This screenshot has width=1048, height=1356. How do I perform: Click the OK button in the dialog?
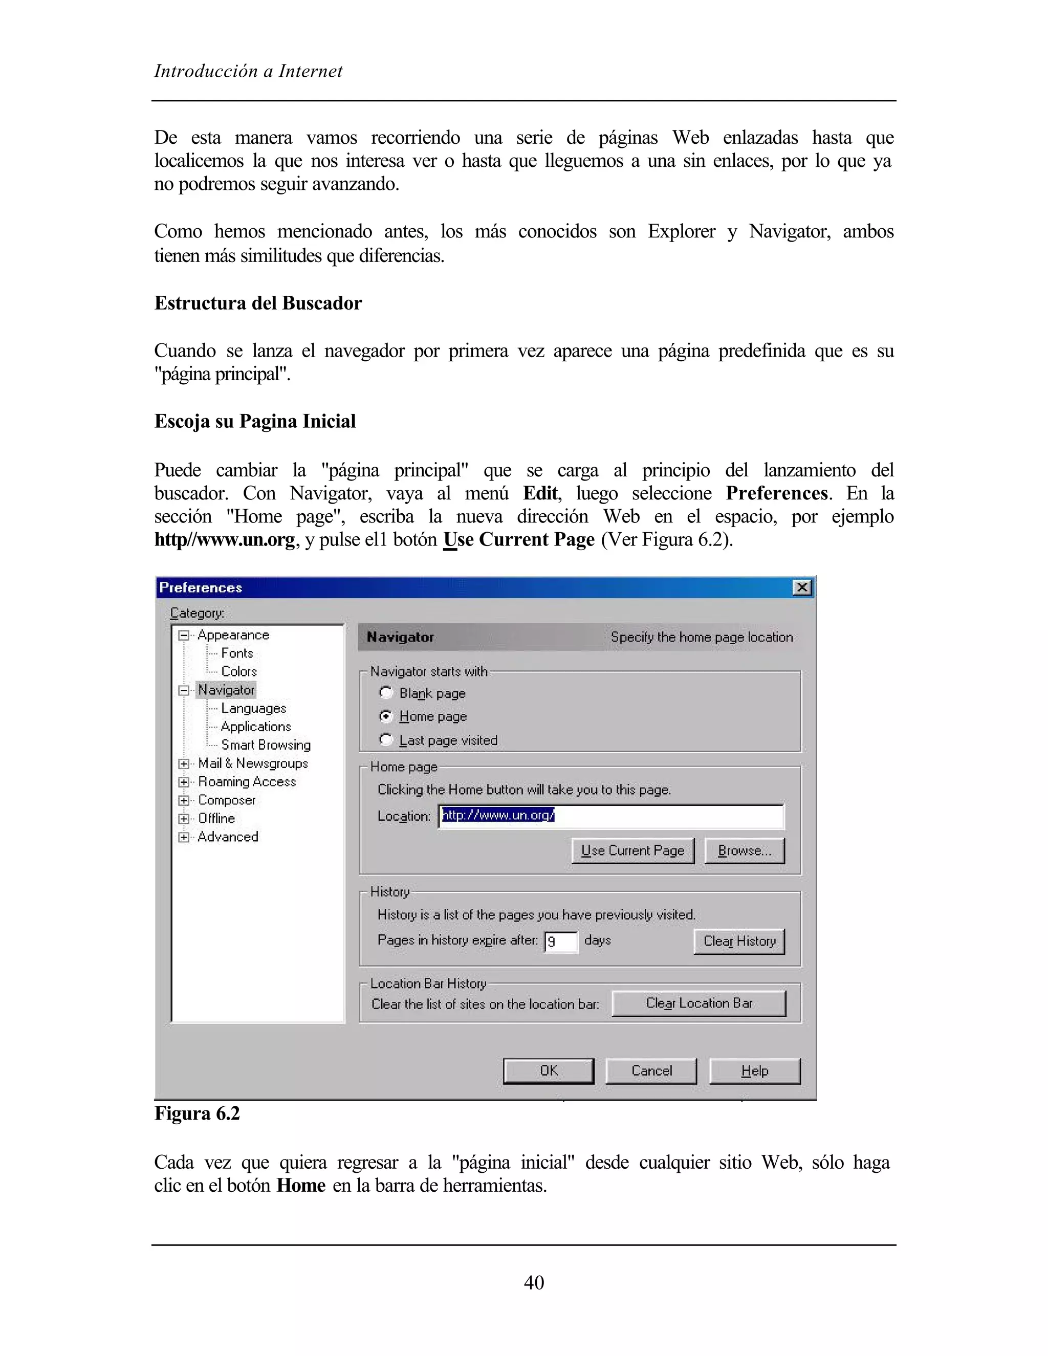[x=548, y=1070]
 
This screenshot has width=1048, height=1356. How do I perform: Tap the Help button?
[x=754, y=1070]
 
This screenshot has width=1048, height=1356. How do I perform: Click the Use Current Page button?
[x=632, y=850]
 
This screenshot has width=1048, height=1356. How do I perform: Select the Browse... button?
[x=744, y=850]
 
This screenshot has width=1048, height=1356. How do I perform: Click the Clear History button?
[x=739, y=941]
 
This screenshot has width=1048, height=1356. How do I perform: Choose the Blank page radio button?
[x=386, y=692]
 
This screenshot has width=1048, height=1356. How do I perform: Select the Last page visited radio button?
[x=386, y=739]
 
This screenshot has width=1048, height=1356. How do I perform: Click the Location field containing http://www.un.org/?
[x=611, y=816]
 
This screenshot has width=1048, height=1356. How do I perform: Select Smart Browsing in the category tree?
[x=266, y=745]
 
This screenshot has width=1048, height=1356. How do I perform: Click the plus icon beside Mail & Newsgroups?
[x=184, y=763]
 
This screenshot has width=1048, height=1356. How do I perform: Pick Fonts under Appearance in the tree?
[x=237, y=653]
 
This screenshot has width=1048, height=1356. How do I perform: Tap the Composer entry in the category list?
[x=227, y=800]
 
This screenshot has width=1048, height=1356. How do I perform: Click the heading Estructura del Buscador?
[x=258, y=303]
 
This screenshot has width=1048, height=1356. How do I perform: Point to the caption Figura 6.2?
[x=197, y=1113]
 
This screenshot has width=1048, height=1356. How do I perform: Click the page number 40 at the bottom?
[x=533, y=1282]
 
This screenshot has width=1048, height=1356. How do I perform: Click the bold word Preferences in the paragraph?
[x=776, y=493]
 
